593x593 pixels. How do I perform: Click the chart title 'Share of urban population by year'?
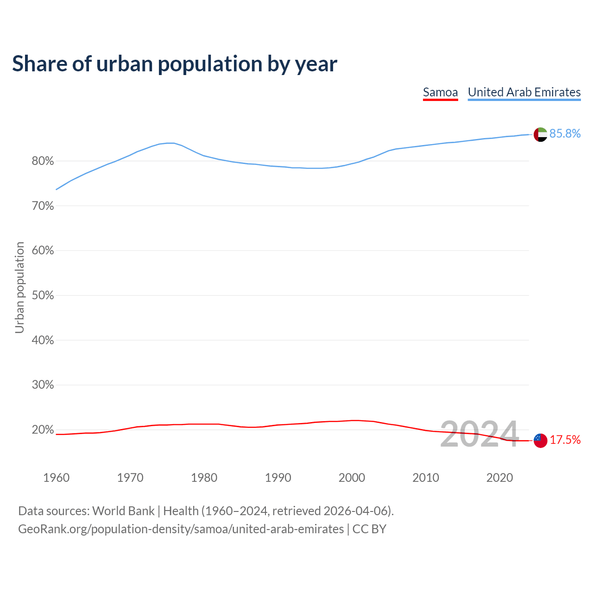click(x=175, y=63)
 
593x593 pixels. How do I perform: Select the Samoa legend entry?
click(x=440, y=92)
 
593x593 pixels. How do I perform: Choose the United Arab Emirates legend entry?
click(x=524, y=92)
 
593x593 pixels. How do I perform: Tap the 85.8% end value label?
click(x=565, y=133)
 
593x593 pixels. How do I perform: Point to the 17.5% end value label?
click(x=565, y=440)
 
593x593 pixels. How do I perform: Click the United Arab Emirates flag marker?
click(x=540, y=134)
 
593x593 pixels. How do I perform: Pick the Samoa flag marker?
click(x=540, y=440)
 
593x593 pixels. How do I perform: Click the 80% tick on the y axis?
click(x=43, y=161)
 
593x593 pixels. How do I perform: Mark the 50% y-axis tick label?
click(x=43, y=296)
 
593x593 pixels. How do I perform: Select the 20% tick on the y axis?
click(x=43, y=430)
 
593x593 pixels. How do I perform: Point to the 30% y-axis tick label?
click(x=43, y=385)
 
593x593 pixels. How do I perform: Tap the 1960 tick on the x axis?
click(x=56, y=478)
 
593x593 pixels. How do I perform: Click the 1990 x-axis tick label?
click(x=278, y=478)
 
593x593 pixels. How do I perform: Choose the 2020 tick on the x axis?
click(x=499, y=478)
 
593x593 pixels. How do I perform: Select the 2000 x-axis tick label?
click(x=352, y=478)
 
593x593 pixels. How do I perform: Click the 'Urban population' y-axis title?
click(x=19, y=287)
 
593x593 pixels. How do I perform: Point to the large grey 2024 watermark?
click(x=479, y=434)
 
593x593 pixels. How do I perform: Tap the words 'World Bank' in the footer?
click(x=123, y=511)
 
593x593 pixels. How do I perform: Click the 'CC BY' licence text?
click(x=369, y=529)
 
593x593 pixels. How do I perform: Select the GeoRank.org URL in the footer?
click(x=181, y=529)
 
